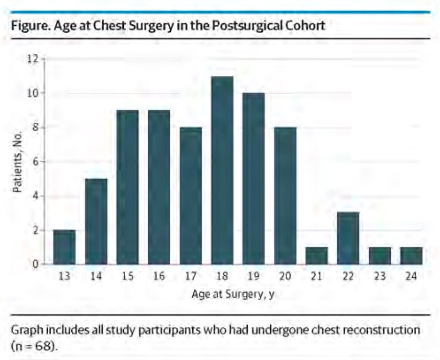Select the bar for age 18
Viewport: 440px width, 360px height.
tap(222, 170)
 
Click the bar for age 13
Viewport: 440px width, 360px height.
tap(64, 247)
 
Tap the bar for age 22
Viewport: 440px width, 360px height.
tap(348, 238)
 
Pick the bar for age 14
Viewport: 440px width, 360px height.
tap(96, 222)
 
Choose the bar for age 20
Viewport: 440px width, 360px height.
tap(285, 196)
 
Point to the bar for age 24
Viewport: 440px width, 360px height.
tap(411, 256)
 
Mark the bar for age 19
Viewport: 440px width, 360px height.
tap(254, 179)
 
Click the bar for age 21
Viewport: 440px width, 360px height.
tap(317, 256)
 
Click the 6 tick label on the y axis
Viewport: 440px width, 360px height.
tap(35, 162)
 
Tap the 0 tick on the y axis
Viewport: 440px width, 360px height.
tap(35, 264)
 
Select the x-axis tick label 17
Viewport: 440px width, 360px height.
tap(191, 276)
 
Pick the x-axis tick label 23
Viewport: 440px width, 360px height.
tap(380, 276)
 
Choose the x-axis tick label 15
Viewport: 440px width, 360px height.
tap(127, 276)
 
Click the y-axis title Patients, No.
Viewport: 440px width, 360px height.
tap(17, 162)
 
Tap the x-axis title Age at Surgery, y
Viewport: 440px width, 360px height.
tap(233, 294)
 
